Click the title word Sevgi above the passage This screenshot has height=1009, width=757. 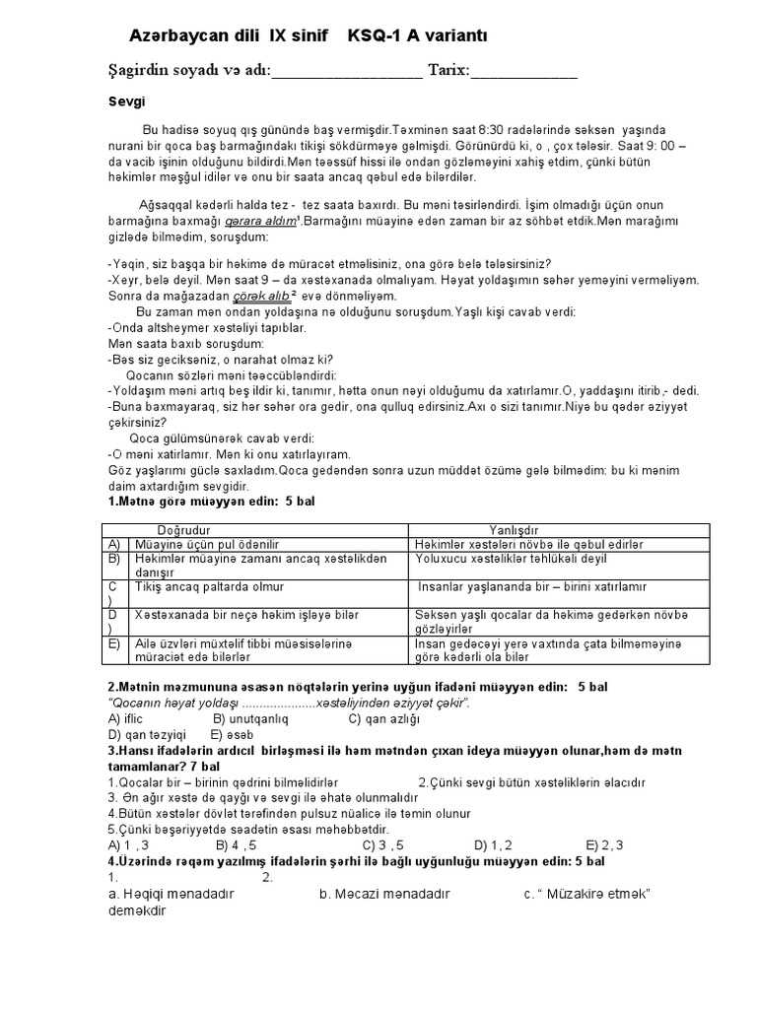click(125, 101)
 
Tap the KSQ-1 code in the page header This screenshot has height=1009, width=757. click(378, 36)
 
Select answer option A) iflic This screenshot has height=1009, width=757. click(125, 718)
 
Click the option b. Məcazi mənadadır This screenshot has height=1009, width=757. click(383, 894)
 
